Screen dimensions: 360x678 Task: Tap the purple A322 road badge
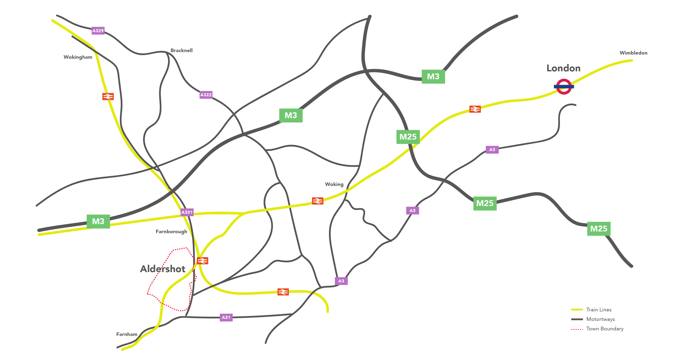pyautogui.click(x=206, y=95)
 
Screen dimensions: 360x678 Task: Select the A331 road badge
pyautogui.click(x=187, y=212)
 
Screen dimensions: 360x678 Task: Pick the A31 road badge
pyautogui.click(x=226, y=317)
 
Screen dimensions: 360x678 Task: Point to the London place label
pyautogui.click(x=563, y=68)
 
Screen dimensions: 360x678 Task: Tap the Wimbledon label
pyautogui.click(x=633, y=53)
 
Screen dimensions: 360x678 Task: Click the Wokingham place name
pyautogui.click(x=78, y=57)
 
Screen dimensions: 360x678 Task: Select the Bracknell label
pyautogui.click(x=181, y=50)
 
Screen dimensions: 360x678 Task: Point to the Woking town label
pyautogui.click(x=334, y=184)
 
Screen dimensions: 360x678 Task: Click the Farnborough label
pyautogui.click(x=171, y=231)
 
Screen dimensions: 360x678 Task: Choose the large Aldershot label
pyautogui.click(x=163, y=269)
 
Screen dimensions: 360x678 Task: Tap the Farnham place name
pyautogui.click(x=127, y=334)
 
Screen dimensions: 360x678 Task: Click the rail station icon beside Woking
pyautogui.click(x=317, y=201)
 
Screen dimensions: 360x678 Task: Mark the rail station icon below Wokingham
pyautogui.click(x=108, y=96)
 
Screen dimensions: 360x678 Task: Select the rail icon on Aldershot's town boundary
pyautogui.click(x=202, y=261)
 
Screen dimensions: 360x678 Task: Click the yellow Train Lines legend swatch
pyautogui.click(x=577, y=310)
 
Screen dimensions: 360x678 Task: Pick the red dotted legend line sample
pyautogui.click(x=577, y=329)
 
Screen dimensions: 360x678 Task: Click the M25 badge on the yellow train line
pyautogui.click(x=408, y=137)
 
